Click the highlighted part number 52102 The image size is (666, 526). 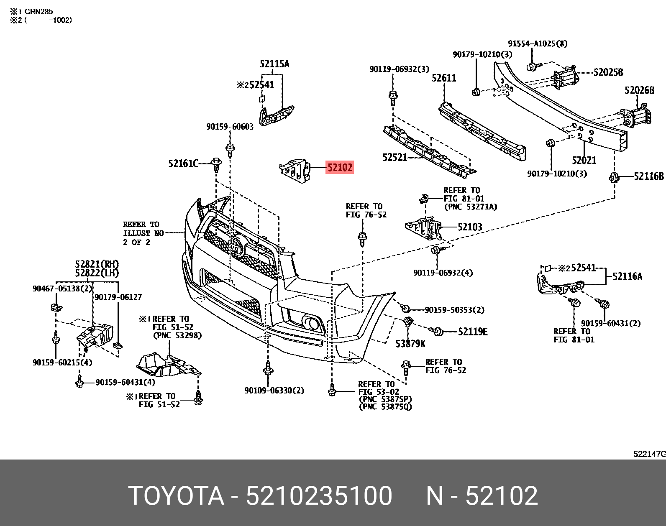pos(340,168)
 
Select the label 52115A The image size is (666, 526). pos(274,64)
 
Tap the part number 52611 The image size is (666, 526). pos(444,78)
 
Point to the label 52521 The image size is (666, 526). pos(394,157)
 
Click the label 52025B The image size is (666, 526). pos(608,72)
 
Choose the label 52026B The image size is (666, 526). pos(639,90)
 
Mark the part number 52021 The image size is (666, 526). pos(584,160)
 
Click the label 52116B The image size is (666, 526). pos(649,176)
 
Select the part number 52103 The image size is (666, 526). pos(470,227)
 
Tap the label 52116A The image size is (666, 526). pos(627,276)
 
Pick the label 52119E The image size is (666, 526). pos(473,332)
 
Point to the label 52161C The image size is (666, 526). pos(183,163)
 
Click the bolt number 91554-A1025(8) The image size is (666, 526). pos(538,43)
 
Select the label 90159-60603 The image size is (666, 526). pos(230,127)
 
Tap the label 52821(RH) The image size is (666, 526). pos(97,264)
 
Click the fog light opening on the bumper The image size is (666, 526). pos(311,322)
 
